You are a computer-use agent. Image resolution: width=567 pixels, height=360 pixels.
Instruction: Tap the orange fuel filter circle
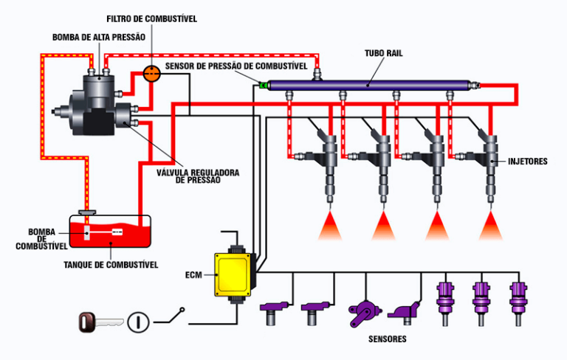151,73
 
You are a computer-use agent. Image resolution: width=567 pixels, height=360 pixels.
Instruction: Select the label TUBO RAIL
384,54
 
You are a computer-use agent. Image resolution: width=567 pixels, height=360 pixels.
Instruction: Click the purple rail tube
369,86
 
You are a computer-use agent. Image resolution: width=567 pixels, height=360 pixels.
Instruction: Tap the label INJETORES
528,161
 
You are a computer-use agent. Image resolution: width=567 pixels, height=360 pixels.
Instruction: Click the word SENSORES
388,340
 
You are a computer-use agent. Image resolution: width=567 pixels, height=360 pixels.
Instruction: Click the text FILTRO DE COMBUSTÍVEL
151,18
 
